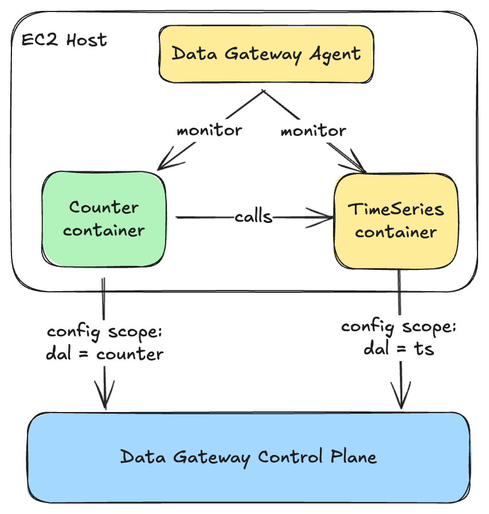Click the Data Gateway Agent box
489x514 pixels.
point(266,54)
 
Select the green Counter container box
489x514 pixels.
point(104,219)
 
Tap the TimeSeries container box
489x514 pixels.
point(396,221)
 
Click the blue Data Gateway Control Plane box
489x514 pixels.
point(249,457)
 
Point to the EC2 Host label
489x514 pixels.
point(64,40)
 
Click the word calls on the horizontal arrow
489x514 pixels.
point(253,217)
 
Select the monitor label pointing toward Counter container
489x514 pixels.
point(209,130)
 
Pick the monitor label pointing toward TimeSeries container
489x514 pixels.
point(313,131)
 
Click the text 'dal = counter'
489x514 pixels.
point(104,354)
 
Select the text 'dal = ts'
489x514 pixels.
point(399,348)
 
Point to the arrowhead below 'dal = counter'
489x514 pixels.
point(104,395)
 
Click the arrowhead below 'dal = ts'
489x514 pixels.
point(401,395)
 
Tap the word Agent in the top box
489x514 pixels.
point(335,54)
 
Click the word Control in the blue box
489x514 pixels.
point(290,456)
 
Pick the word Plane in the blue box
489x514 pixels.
point(354,456)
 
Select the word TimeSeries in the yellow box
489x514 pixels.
point(396,209)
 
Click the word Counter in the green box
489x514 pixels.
point(104,207)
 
